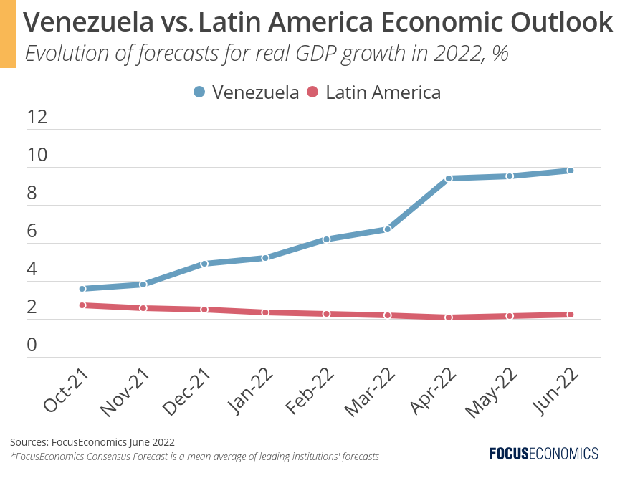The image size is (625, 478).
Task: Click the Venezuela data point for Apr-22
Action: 449,178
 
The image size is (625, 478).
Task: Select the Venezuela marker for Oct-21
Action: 82,289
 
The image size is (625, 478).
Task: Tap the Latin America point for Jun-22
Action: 571,315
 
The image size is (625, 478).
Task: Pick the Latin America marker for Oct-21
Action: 82,305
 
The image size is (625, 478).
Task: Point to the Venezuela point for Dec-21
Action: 204,264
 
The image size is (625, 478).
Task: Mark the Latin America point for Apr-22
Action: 449,317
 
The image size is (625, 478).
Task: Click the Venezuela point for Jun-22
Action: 571,171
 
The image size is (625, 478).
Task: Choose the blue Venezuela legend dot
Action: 199,92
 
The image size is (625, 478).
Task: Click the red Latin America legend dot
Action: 312,92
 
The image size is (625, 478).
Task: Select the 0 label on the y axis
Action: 32,345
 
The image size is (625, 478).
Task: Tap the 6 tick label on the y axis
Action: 32,231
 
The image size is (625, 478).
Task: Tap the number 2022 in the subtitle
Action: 447,54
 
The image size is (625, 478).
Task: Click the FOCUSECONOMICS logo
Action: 543,453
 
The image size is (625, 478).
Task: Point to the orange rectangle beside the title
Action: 8,34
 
